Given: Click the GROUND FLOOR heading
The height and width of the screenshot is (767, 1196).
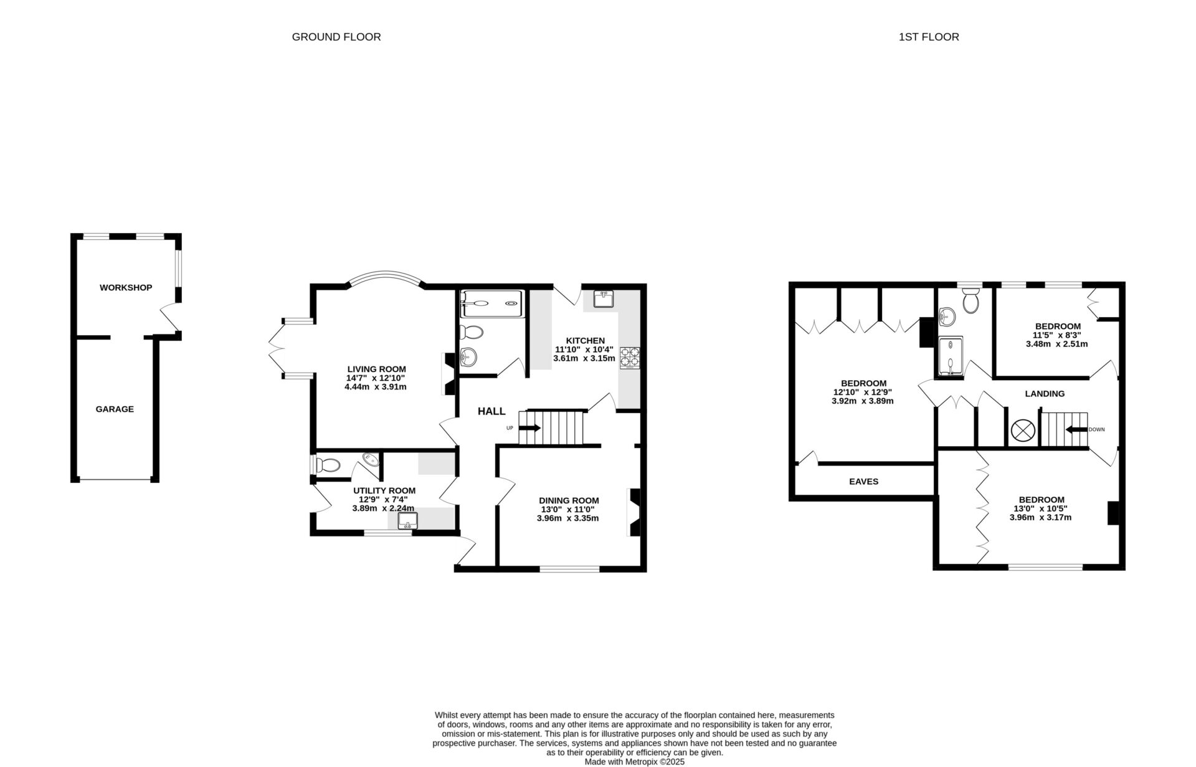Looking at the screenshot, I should point(336,37).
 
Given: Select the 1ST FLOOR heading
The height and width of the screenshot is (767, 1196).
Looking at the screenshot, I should point(929,37).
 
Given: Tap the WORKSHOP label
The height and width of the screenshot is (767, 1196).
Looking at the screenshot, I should point(126,288).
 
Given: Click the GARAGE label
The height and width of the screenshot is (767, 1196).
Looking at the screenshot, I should point(115,409).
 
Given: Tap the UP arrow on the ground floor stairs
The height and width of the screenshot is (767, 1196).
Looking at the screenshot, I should point(530,428).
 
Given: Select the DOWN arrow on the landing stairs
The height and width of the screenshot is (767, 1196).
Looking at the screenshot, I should point(1076,430).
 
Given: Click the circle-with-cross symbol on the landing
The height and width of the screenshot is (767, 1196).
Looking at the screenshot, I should point(1022,430).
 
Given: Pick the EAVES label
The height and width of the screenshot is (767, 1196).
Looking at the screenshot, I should point(864,482).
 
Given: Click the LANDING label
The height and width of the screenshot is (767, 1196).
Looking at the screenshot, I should point(1045,394).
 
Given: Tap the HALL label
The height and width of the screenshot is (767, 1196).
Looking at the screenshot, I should point(491,411).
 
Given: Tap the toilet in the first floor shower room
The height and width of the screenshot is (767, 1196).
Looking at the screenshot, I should point(970,302).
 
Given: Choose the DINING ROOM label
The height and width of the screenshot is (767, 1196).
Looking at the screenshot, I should point(569,500).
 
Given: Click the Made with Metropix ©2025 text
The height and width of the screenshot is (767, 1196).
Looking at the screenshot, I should point(634,761).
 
